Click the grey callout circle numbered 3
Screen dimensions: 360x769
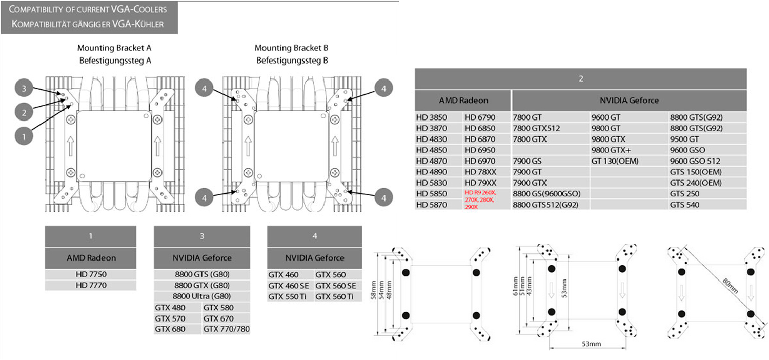click(x=24, y=89)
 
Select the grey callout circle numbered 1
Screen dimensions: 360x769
click(x=24, y=136)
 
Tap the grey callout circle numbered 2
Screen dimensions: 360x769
click(x=24, y=110)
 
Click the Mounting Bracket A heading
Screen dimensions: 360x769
click(x=114, y=48)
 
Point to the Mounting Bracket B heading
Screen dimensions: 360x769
click(x=291, y=48)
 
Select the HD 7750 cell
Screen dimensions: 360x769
click(x=91, y=275)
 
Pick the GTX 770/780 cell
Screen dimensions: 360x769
click(x=226, y=329)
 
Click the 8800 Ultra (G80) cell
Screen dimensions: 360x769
click(x=202, y=296)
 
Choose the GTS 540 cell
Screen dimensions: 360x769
click(x=684, y=205)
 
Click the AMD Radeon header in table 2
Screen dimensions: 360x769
click(x=463, y=101)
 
